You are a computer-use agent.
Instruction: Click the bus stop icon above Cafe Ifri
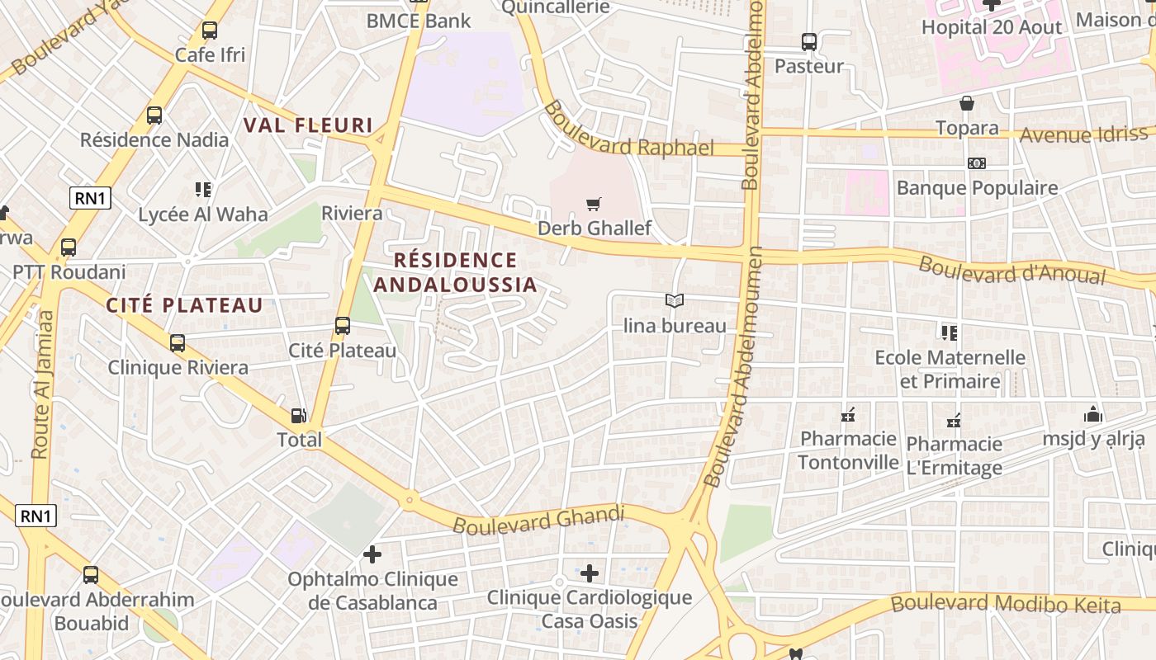pyautogui.click(x=210, y=31)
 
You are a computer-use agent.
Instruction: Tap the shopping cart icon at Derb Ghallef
pyautogui.click(x=593, y=204)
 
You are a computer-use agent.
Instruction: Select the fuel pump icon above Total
pyautogui.click(x=299, y=416)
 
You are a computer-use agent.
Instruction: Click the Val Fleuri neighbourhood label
pyautogui.click(x=308, y=125)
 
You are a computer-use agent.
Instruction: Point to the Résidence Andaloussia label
pyautogui.click(x=455, y=273)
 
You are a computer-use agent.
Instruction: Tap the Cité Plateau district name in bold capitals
pyautogui.click(x=184, y=305)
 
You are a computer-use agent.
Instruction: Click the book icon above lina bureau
pyautogui.click(x=675, y=301)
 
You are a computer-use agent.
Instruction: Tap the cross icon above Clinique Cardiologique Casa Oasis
pyautogui.click(x=589, y=573)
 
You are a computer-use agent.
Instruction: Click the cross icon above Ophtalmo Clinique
pyautogui.click(x=372, y=554)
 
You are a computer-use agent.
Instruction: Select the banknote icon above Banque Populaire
pyautogui.click(x=977, y=163)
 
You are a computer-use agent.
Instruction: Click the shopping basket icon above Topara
pyautogui.click(x=967, y=103)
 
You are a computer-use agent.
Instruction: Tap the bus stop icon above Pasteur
pyautogui.click(x=809, y=41)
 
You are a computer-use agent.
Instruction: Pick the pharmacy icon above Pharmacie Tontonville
pyautogui.click(x=847, y=415)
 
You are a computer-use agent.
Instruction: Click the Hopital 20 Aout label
pyautogui.click(x=992, y=27)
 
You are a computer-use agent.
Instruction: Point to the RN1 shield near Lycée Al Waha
pyautogui.click(x=90, y=198)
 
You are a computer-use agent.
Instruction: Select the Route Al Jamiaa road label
pyautogui.click(x=42, y=384)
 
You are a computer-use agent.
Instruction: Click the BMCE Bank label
pyautogui.click(x=419, y=21)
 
